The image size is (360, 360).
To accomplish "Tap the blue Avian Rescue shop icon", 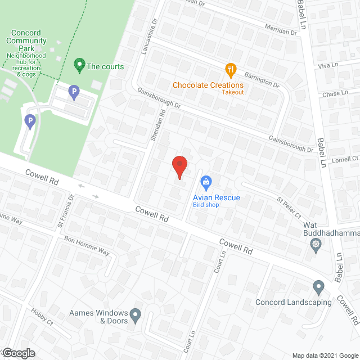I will [x=206, y=182].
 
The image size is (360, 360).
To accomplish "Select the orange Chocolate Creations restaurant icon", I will [x=230, y=71].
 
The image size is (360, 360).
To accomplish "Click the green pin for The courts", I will [x=79, y=66].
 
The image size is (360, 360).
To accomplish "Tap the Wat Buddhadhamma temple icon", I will [x=316, y=244].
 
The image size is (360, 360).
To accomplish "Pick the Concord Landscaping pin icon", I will [x=318, y=287].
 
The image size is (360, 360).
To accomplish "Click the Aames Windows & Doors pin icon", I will [x=136, y=316].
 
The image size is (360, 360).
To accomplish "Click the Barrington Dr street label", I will [x=262, y=79].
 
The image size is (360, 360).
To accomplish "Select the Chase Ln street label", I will [x=335, y=92].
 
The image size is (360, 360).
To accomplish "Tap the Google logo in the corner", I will [x=17, y=353].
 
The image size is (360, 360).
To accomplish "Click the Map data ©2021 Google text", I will [x=324, y=355].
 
